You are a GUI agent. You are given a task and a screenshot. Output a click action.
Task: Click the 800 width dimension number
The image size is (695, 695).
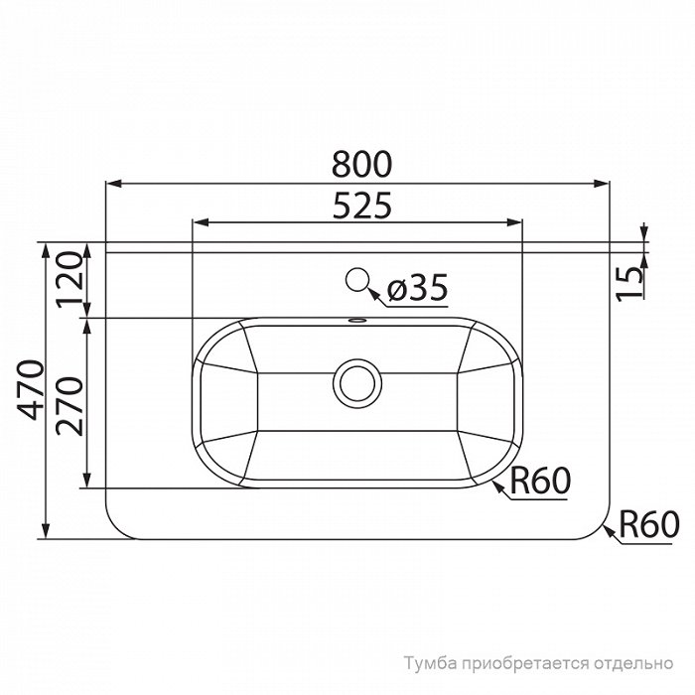click(x=362, y=165)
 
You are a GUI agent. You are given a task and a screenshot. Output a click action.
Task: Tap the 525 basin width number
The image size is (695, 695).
click(x=362, y=206)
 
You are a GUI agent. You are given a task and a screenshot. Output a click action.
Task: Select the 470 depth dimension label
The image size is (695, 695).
click(x=30, y=390)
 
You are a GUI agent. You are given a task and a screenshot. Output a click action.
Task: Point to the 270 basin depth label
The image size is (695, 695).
click(x=69, y=406)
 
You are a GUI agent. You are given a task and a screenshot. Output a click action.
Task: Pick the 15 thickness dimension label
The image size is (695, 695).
click(x=630, y=284)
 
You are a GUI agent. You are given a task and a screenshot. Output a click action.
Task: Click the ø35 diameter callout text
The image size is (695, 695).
click(x=417, y=288)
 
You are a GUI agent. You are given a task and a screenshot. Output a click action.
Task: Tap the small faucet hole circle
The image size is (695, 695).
click(x=357, y=280)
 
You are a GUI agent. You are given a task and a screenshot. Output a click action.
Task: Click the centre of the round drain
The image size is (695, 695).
click(x=357, y=384)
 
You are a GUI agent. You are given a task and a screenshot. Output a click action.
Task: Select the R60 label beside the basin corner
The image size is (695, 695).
click(x=540, y=481)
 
